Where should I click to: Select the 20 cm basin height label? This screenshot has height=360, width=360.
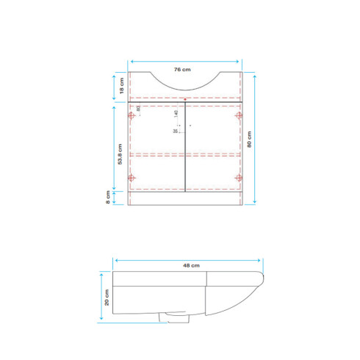coord(107,296)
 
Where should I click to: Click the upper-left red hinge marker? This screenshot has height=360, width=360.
coord(132,115)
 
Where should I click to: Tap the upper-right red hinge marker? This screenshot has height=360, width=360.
coord(237,115)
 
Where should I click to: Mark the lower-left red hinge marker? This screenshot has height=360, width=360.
coord(132,178)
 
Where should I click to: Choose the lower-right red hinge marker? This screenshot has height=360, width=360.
coord(237,178)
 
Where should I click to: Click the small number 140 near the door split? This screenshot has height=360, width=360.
coord(177,115)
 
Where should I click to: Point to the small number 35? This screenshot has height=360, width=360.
coord(176,132)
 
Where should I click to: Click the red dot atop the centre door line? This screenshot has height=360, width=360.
coord(184,98)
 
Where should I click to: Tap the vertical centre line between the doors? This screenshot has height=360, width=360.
coord(184,147)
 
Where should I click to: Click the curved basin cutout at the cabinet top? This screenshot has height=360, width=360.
coord(185,82)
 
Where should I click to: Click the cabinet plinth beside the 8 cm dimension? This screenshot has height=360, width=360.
coord(185,197)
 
